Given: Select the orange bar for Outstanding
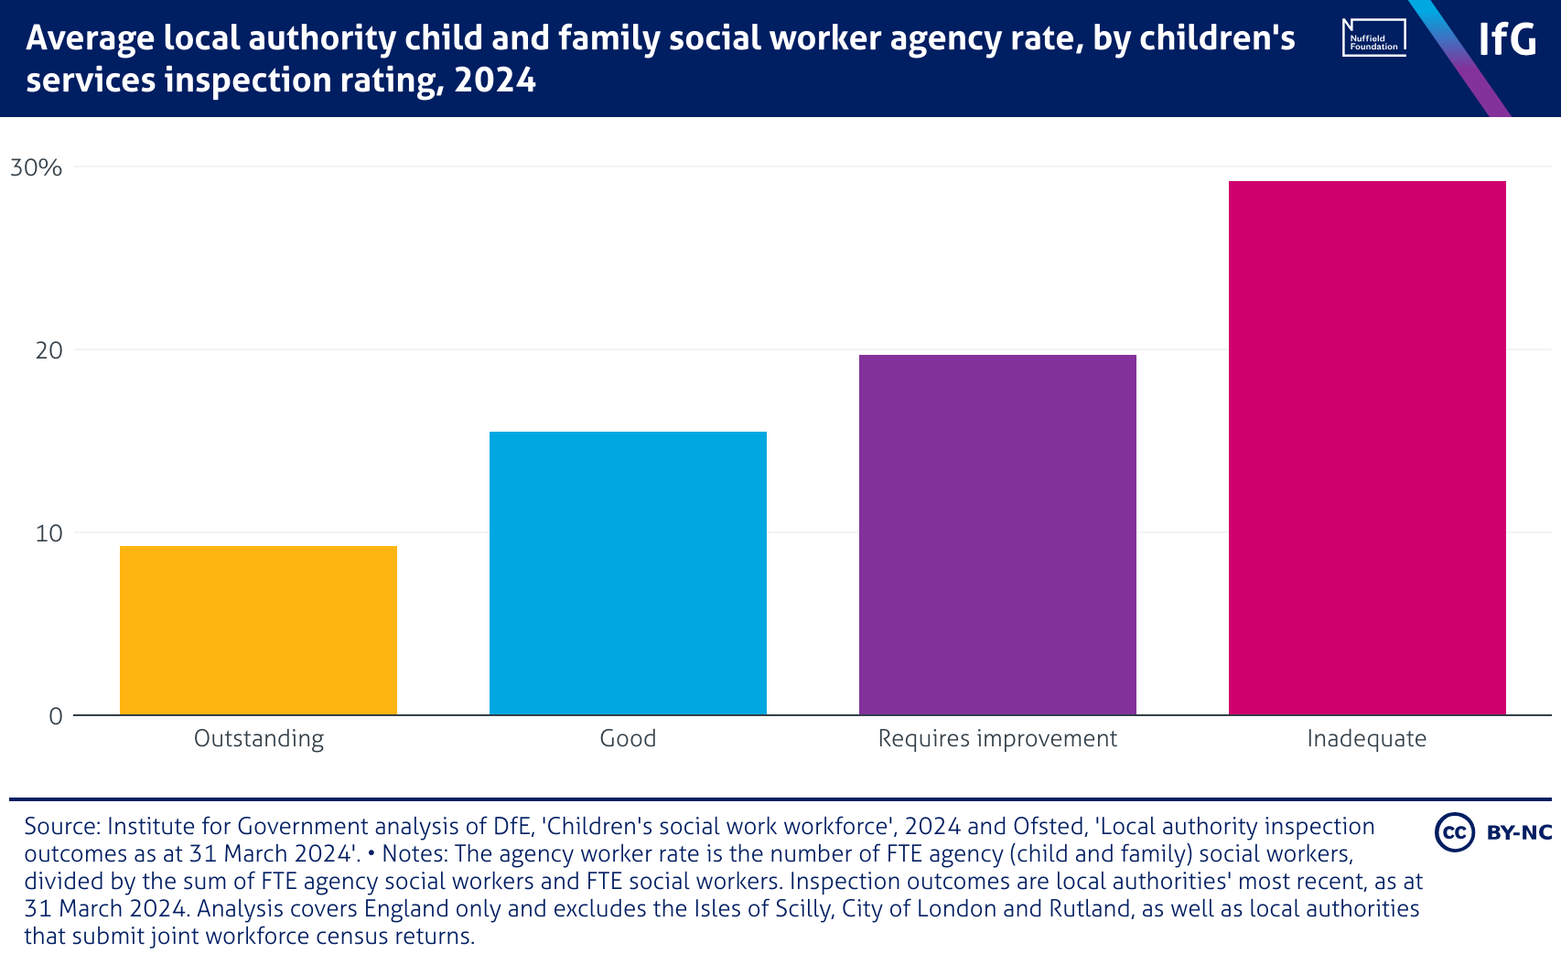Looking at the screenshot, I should pos(258,630).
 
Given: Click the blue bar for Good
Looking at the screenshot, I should pos(628,573).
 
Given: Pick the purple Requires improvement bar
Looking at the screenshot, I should pos(997,534).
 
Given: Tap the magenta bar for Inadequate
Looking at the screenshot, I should pos(1367,447).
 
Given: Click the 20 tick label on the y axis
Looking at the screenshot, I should pos(48,350).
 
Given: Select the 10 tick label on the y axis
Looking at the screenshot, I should pos(48,533).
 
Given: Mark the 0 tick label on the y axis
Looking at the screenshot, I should pos(56,716).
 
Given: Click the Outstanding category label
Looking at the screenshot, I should pos(259,739).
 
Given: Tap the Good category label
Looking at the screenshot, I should pos(628,739).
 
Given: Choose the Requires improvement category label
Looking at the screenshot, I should pos(997,739).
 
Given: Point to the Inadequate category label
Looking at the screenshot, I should pos(1367,739).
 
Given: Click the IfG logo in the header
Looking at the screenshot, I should pos(1507,39).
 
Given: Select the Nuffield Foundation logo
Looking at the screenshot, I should pos(1373,37).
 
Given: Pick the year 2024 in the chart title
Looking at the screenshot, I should pos(495,80).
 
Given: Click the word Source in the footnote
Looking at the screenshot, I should pos(61,827).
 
